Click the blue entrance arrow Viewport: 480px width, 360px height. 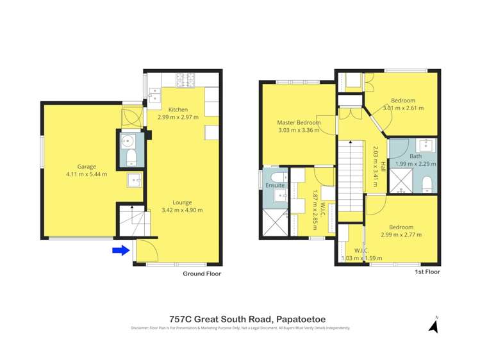click(x=120, y=250)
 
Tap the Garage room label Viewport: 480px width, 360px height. click(x=87, y=165)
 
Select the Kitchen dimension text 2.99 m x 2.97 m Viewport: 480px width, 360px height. click(x=178, y=117)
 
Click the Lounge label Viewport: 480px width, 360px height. click(x=182, y=202)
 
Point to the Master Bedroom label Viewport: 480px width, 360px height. click(x=298, y=122)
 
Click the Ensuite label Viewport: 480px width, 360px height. click(x=275, y=185)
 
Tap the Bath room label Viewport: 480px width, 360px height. click(x=415, y=156)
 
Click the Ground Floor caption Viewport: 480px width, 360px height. click(x=202, y=274)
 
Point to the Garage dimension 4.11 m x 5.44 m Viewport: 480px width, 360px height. click(x=87, y=174)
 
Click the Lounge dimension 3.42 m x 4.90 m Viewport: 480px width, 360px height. click(x=182, y=210)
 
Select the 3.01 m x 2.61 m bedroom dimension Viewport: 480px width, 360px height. click(x=403, y=108)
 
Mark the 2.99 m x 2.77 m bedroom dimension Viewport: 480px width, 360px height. click(x=402, y=235)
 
